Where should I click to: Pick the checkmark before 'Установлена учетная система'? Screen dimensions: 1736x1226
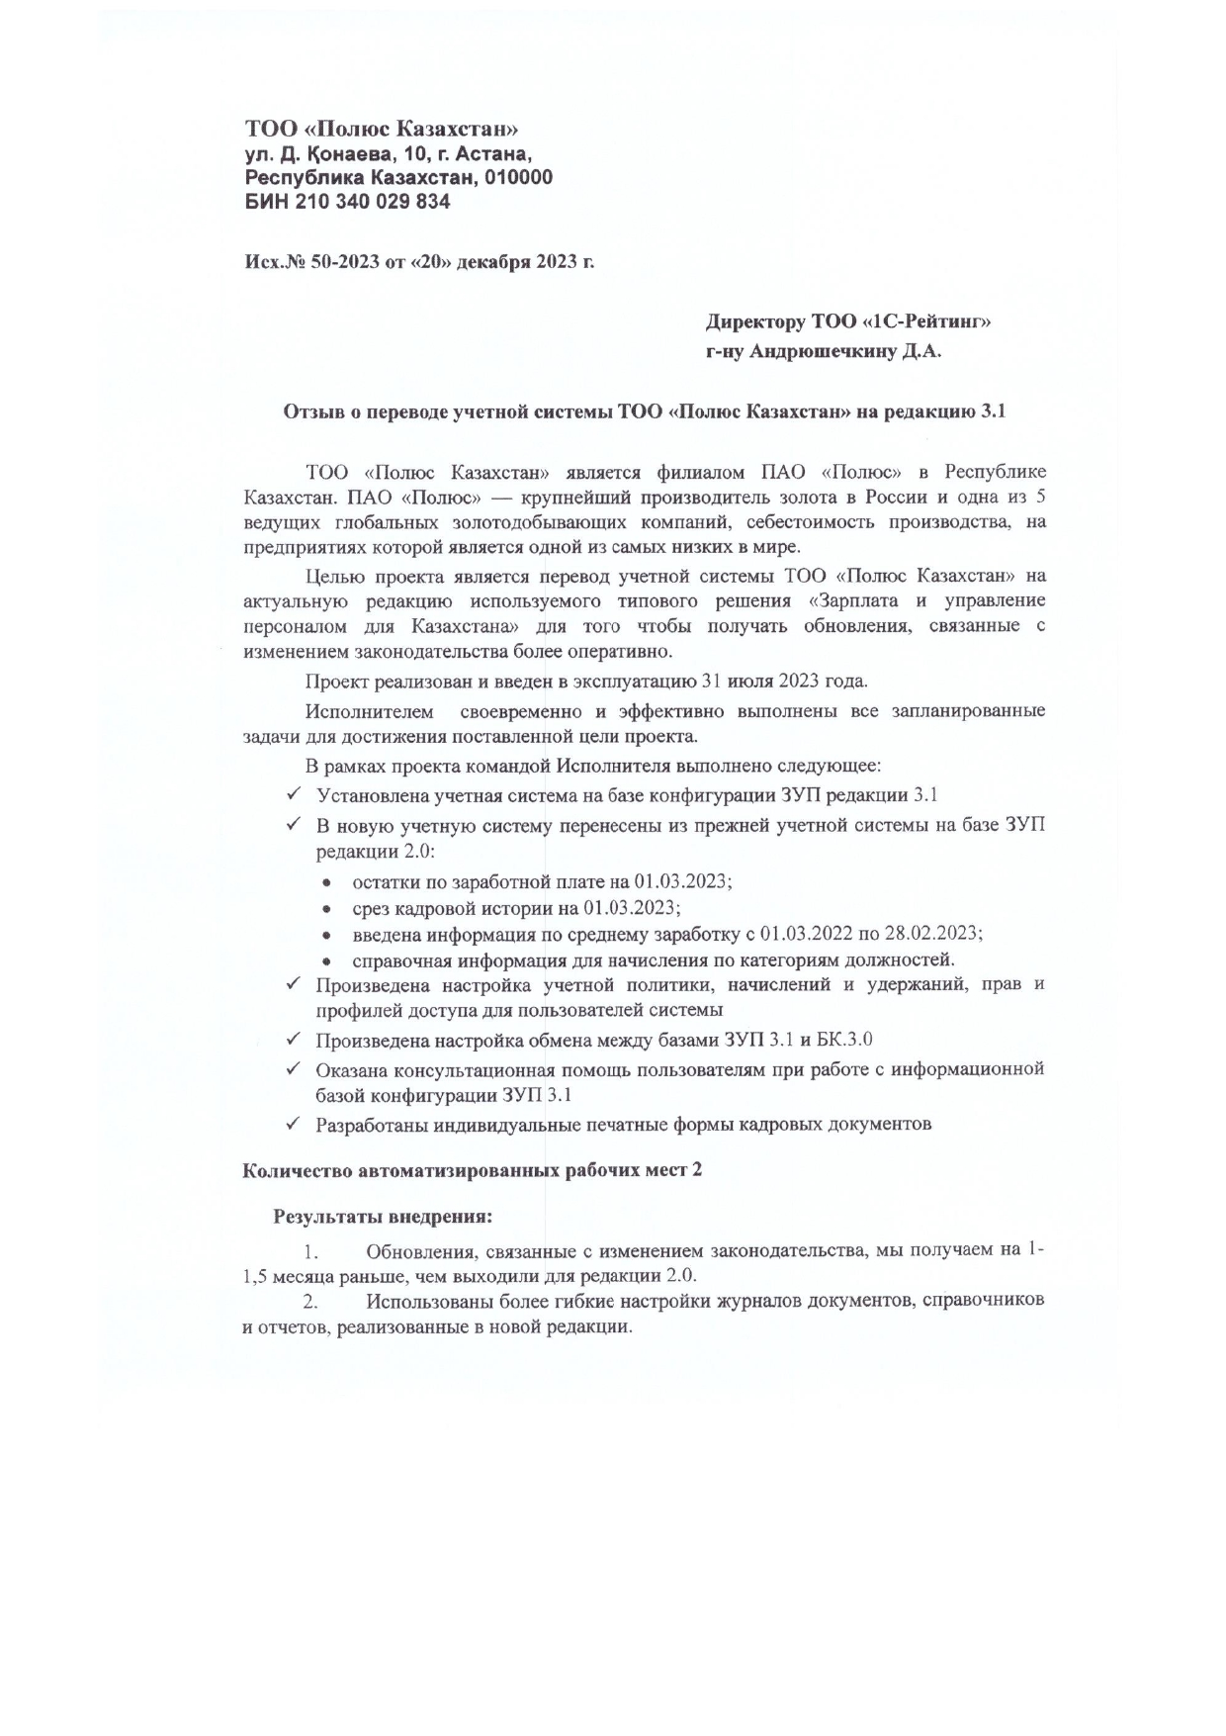[x=294, y=794]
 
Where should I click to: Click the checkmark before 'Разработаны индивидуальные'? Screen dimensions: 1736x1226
[x=294, y=1124]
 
